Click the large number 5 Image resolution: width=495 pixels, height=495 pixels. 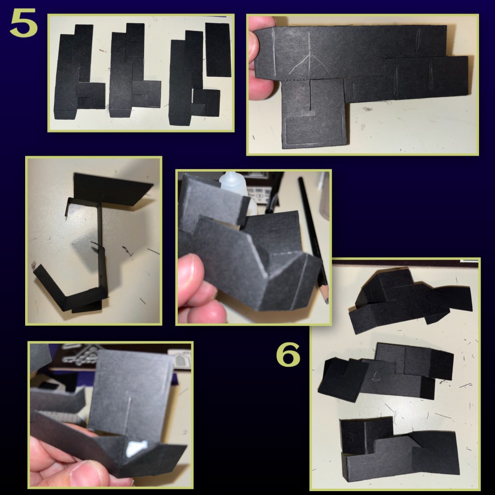[24, 23]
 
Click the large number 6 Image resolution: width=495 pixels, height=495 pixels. [288, 355]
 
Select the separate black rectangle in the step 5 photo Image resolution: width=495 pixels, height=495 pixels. [218, 50]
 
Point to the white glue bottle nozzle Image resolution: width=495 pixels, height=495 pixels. [228, 177]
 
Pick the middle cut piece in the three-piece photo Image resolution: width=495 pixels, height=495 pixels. [134, 71]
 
